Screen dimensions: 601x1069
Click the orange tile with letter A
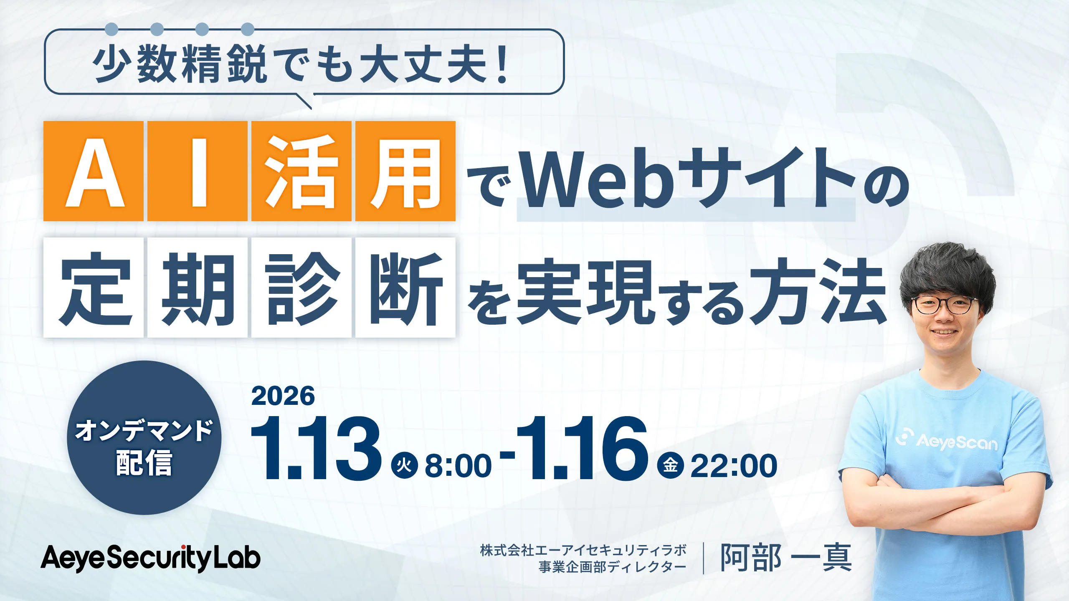tap(94, 171)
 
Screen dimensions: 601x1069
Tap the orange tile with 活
tap(301, 171)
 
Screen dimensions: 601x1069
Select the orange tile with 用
tap(405, 171)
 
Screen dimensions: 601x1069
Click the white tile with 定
tap(94, 288)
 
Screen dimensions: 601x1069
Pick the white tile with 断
tap(405, 288)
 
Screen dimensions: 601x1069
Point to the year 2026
tap(283, 396)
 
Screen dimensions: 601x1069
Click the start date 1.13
tap(316, 448)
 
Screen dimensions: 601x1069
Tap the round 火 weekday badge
tap(404, 465)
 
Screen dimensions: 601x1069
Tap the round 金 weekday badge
tap(670, 465)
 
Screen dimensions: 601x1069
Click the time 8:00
tap(458, 466)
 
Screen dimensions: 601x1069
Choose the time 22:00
tap(734, 466)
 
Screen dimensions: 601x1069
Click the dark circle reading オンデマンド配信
tap(144, 437)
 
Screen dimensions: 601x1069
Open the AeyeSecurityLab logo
tap(150, 558)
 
